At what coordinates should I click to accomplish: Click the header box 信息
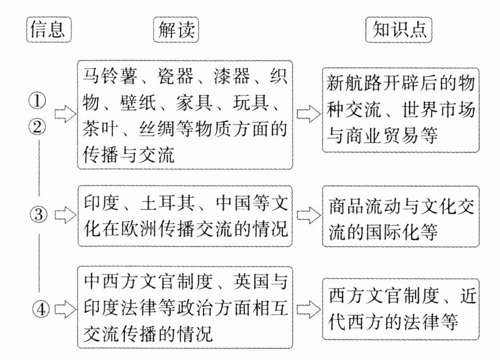click(x=49, y=29)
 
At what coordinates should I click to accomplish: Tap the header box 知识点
click(x=398, y=29)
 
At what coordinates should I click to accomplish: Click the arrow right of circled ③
click(x=64, y=214)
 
